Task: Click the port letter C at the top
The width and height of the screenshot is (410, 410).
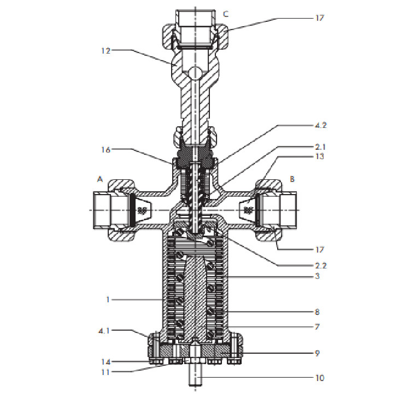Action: coord(226,14)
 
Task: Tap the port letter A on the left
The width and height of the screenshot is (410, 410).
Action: coord(100,179)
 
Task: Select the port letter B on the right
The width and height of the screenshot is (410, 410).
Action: coord(292,179)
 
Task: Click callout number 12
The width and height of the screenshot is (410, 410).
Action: coord(106,51)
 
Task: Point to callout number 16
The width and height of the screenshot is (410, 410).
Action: coord(106,150)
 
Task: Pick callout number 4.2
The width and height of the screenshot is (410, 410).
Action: coord(320,125)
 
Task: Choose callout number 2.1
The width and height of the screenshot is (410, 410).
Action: coord(320,147)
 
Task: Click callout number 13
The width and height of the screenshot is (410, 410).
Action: coord(320,156)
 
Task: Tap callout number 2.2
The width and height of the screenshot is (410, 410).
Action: coord(320,266)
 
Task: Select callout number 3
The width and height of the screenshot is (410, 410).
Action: coord(318,276)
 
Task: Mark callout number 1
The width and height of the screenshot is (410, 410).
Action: coord(108,300)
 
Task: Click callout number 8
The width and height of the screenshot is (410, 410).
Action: coord(317,312)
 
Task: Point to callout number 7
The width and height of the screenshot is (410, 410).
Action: coord(317,326)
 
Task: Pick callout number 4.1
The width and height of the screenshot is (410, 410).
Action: coord(104,331)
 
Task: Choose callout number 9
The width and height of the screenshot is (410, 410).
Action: coord(317,353)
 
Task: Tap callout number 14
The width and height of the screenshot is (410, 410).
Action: coord(106,362)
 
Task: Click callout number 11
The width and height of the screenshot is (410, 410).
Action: coord(106,372)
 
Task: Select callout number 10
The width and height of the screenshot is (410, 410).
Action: coord(320,378)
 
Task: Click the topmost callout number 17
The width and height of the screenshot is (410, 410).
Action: coord(320,18)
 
